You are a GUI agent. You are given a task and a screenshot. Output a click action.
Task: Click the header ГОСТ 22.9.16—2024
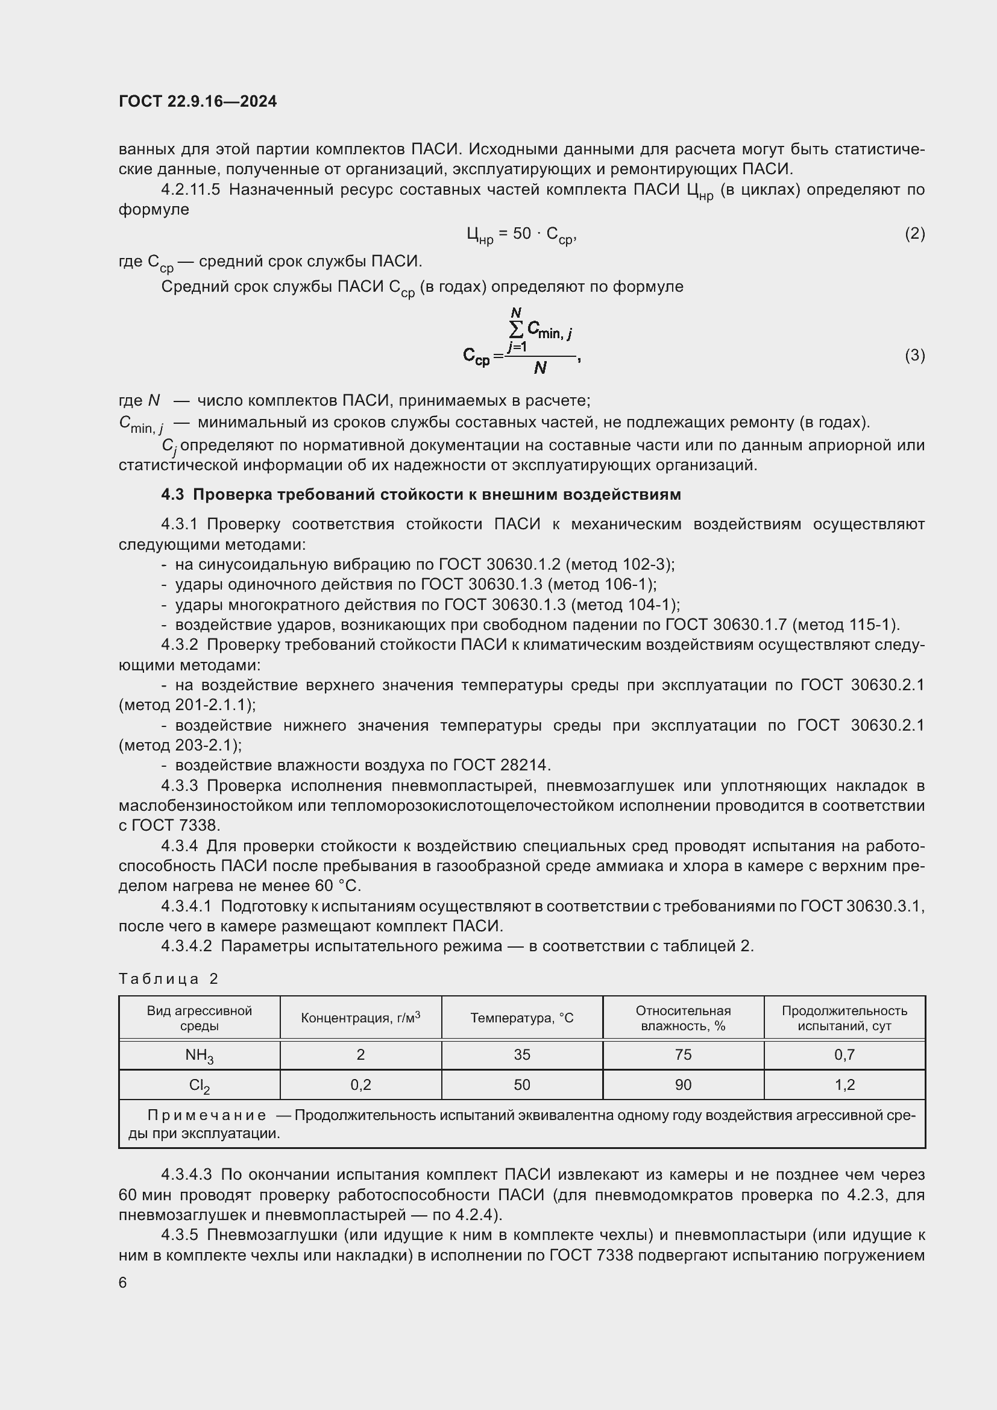coord(198,101)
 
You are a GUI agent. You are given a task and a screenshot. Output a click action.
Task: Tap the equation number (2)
coord(914,233)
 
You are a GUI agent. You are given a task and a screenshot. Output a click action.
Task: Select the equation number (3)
coord(914,355)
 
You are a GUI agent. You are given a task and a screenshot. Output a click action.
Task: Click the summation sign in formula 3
coord(517,330)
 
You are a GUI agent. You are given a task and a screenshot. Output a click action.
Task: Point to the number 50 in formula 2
coord(522,233)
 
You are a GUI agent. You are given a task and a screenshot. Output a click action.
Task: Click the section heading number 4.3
coord(172,494)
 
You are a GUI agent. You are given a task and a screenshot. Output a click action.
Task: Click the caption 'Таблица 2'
coord(168,979)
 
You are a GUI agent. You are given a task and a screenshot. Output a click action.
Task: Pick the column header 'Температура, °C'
coord(522,1018)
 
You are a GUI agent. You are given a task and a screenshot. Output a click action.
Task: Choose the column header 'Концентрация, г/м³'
coord(360,1018)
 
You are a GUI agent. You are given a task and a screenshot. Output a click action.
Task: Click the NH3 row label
coord(199,1055)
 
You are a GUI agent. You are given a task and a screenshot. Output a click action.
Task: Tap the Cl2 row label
coord(199,1085)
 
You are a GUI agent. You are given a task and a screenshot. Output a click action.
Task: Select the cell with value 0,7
coord(844,1055)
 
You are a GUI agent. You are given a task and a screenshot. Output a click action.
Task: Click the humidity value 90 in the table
coord(683,1085)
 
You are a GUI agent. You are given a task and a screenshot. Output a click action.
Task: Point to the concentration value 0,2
coord(360,1085)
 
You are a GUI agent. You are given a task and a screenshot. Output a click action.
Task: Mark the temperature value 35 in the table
coord(522,1055)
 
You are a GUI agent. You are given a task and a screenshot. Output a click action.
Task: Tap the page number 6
coord(123,1283)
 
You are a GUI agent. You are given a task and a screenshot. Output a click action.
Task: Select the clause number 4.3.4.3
coord(186,1175)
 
